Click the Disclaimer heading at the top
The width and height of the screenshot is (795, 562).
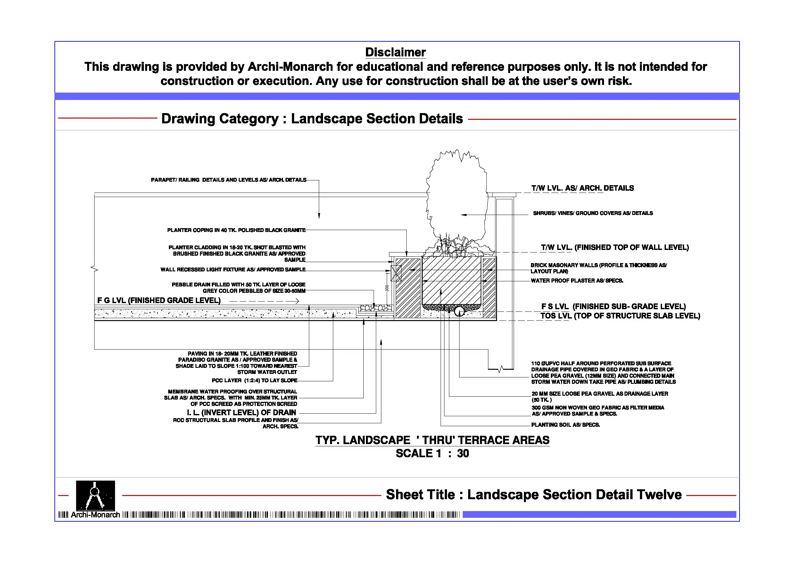[x=395, y=52]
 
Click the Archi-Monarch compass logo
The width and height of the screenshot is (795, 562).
[x=95, y=496]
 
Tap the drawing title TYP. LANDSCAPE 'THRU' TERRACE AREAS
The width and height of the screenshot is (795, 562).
[x=432, y=440]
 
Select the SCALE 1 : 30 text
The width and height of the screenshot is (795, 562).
[x=432, y=453]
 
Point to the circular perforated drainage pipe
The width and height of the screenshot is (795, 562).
[x=460, y=311]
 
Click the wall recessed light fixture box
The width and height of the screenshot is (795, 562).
[x=396, y=273]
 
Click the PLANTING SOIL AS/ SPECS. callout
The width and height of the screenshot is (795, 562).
[x=566, y=425]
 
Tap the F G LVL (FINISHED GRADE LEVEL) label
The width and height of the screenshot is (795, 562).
[x=159, y=301]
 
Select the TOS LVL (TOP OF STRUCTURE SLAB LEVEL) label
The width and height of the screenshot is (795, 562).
[x=620, y=316]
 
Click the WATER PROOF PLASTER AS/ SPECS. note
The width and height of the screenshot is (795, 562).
[x=577, y=281]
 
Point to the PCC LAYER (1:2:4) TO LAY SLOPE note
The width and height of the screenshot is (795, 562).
[x=254, y=381]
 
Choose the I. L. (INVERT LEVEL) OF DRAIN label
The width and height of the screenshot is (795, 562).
[x=241, y=413]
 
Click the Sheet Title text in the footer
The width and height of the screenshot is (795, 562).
[x=534, y=494]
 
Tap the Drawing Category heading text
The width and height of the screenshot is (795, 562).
[x=312, y=119]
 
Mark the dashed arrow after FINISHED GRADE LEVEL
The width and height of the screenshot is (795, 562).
[x=264, y=301]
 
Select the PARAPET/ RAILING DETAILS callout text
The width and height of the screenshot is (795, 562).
[x=228, y=180]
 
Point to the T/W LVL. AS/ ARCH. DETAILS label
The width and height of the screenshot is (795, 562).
[x=583, y=188]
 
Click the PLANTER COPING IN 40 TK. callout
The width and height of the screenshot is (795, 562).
[x=236, y=230]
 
